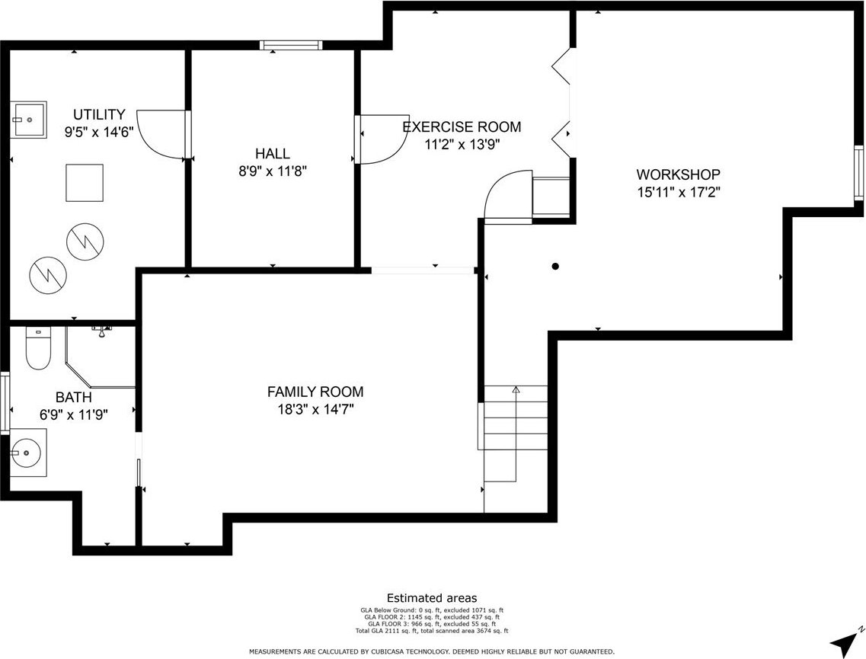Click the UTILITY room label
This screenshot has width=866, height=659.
pyautogui.click(x=100, y=114)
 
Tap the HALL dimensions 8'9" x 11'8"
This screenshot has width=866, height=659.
pyautogui.click(x=272, y=171)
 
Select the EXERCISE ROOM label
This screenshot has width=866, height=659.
pyautogui.click(x=462, y=126)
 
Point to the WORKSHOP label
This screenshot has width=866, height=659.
pyautogui.click(x=678, y=174)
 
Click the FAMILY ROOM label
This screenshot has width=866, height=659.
pyautogui.click(x=315, y=392)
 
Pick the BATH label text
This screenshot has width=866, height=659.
pyautogui.click(x=73, y=397)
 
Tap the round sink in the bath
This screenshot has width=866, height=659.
pyautogui.click(x=25, y=453)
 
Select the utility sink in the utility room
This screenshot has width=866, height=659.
pyautogui.click(x=29, y=119)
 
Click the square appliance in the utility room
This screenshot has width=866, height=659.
pyautogui.click(x=85, y=183)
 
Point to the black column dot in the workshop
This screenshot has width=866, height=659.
pyautogui.click(x=555, y=266)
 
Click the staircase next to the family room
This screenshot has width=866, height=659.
pyautogui.click(x=516, y=449)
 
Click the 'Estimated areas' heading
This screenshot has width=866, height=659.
pyautogui.click(x=432, y=598)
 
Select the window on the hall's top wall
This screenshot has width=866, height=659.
pyautogui.click(x=290, y=45)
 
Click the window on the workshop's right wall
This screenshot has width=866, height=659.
pyautogui.click(x=859, y=172)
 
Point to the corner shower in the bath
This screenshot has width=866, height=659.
pyautogui.click(x=101, y=357)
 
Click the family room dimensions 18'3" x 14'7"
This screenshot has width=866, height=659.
pyautogui.click(x=315, y=409)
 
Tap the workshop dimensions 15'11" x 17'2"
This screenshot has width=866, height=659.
pyautogui.click(x=679, y=192)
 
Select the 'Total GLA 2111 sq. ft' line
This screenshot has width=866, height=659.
pyautogui.click(x=387, y=631)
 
